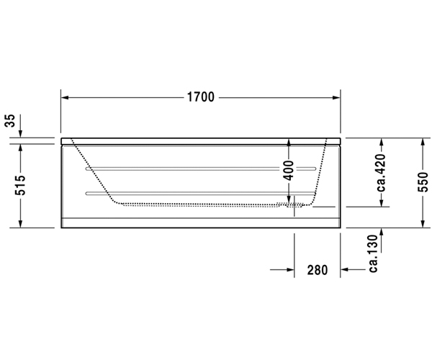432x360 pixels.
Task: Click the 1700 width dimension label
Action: pos(201,97)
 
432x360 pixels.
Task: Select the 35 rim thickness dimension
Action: pos(10,121)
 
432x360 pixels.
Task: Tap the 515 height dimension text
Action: pos(20,185)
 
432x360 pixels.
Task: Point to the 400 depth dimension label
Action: pos(289,171)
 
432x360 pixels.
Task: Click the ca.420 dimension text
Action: pos(382,173)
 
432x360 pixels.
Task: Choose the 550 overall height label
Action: pos(423,181)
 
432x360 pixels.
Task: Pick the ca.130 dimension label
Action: pos(373,253)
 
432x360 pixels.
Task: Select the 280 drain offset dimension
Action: pos(318,270)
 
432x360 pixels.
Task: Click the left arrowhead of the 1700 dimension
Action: pos(65,97)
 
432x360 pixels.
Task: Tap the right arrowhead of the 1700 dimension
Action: pos(336,97)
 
